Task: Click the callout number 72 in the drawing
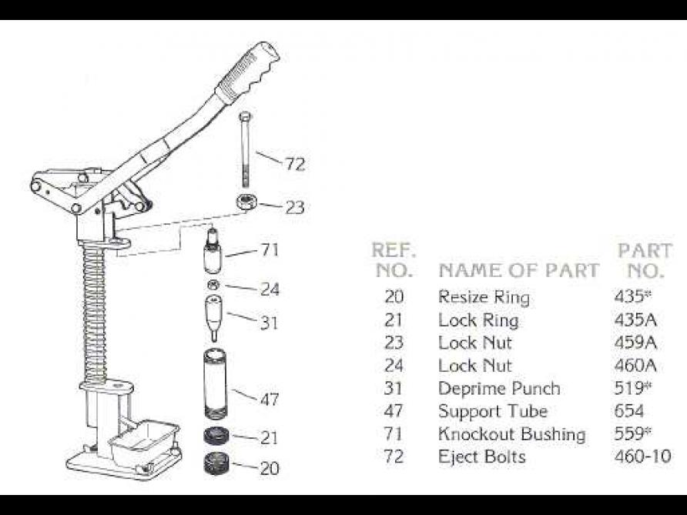point(294,164)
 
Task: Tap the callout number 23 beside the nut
point(294,207)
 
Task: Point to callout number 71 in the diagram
point(269,250)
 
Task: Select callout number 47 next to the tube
point(269,400)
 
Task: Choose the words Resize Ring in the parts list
point(484,296)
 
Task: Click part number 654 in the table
point(630,411)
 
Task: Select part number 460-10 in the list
point(639,456)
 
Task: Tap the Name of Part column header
point(518,270)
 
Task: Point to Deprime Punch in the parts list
point(499,388)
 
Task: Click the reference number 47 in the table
point(394,411)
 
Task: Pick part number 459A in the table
point(635,342)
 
